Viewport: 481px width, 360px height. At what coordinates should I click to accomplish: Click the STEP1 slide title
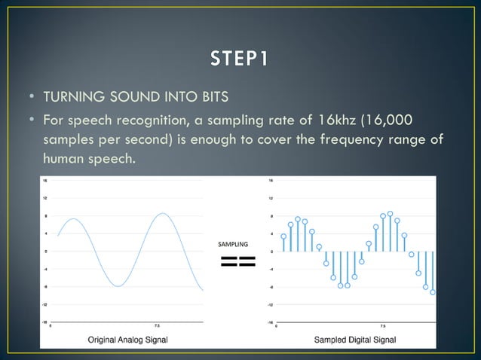point(240,58)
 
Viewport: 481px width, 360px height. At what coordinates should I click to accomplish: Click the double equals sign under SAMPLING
point(237,262)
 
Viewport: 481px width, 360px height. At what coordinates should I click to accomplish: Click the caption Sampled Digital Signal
point(354,340)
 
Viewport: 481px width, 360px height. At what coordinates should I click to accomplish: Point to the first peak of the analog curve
point(72,219)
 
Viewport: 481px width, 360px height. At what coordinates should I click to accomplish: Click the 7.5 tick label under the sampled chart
point(382,327)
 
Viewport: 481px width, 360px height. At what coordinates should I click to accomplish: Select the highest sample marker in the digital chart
point(390,214)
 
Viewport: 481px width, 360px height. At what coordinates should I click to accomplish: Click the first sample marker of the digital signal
point(283,236)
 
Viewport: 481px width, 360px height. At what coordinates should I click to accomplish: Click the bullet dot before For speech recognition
point(32,121)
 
